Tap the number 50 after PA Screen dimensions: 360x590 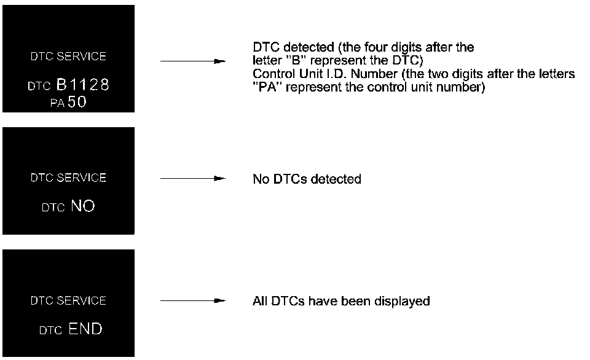click(78, 102)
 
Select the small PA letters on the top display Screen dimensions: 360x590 click(57, 103)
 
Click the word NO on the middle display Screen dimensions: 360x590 click(83, 206)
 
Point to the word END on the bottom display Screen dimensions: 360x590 click(85, 329)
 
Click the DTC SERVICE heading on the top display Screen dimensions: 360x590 click(68, 57)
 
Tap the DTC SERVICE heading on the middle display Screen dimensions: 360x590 click(68, 178)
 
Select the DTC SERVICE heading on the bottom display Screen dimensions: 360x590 click(68, 301)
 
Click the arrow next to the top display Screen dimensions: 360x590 click(192, 61)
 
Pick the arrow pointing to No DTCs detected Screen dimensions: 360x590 click(192, 179)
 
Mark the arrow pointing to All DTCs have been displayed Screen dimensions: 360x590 click(192, 301)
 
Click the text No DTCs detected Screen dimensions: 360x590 click(307, 179)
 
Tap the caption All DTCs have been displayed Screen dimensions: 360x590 click(341, 302)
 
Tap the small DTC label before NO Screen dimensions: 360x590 click(53, 208)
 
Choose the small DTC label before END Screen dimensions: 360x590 click(50, 331)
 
